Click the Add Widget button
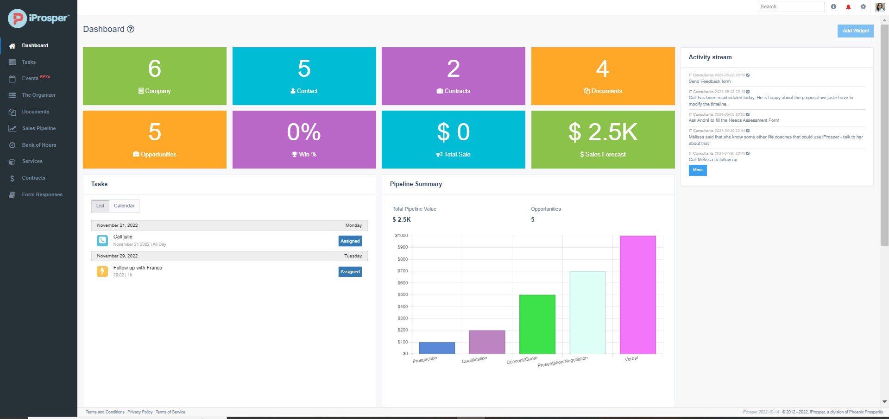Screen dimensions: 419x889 (x=855, y=31)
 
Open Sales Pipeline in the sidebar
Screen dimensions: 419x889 (x=38, y=128)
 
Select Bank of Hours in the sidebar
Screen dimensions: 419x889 (x=39, y=145)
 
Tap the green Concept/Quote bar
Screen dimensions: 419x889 (x=537, y=324)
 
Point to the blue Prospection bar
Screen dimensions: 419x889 (x=436, y=348)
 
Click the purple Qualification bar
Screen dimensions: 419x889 (x=487, y=342)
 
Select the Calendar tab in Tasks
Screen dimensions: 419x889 (x=124, y=206)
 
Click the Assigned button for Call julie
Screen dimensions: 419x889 (x=350, y=241)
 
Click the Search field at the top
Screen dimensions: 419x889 (x=790, y=6)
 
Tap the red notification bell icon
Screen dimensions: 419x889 (x=848, y=7)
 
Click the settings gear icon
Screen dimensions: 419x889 (x=863, y=7)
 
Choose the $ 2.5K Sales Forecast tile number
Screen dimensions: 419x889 (x=603, y=132)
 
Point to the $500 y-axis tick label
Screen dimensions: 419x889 (x=403, y=294)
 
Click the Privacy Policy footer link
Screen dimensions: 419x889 (x=140, y=412)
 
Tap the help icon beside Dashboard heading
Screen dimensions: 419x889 (x=131, y=29)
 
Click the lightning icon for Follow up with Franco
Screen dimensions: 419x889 (x=102, y=271)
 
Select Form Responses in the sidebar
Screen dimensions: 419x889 (x=42, y=194)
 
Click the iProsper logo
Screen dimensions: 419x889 (x=38, y=19)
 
